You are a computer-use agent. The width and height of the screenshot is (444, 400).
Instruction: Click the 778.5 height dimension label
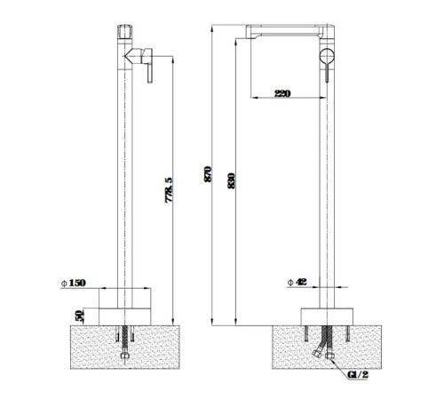coord(169,190)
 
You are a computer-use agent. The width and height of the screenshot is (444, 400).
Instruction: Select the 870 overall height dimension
coord(208,174)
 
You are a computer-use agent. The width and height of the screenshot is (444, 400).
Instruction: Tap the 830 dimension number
coord(231,180)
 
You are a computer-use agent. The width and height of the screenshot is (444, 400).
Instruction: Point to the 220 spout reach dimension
coord(282,93)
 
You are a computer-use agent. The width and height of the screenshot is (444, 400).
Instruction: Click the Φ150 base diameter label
coord(74,283)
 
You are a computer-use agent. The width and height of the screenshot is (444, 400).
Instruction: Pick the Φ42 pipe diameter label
coord(297,282)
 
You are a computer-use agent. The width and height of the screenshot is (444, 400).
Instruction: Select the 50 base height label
coord(80,316)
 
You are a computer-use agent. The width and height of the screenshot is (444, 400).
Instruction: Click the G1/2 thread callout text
coord(358,375)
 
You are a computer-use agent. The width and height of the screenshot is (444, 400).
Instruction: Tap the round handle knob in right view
coord(327,56)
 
